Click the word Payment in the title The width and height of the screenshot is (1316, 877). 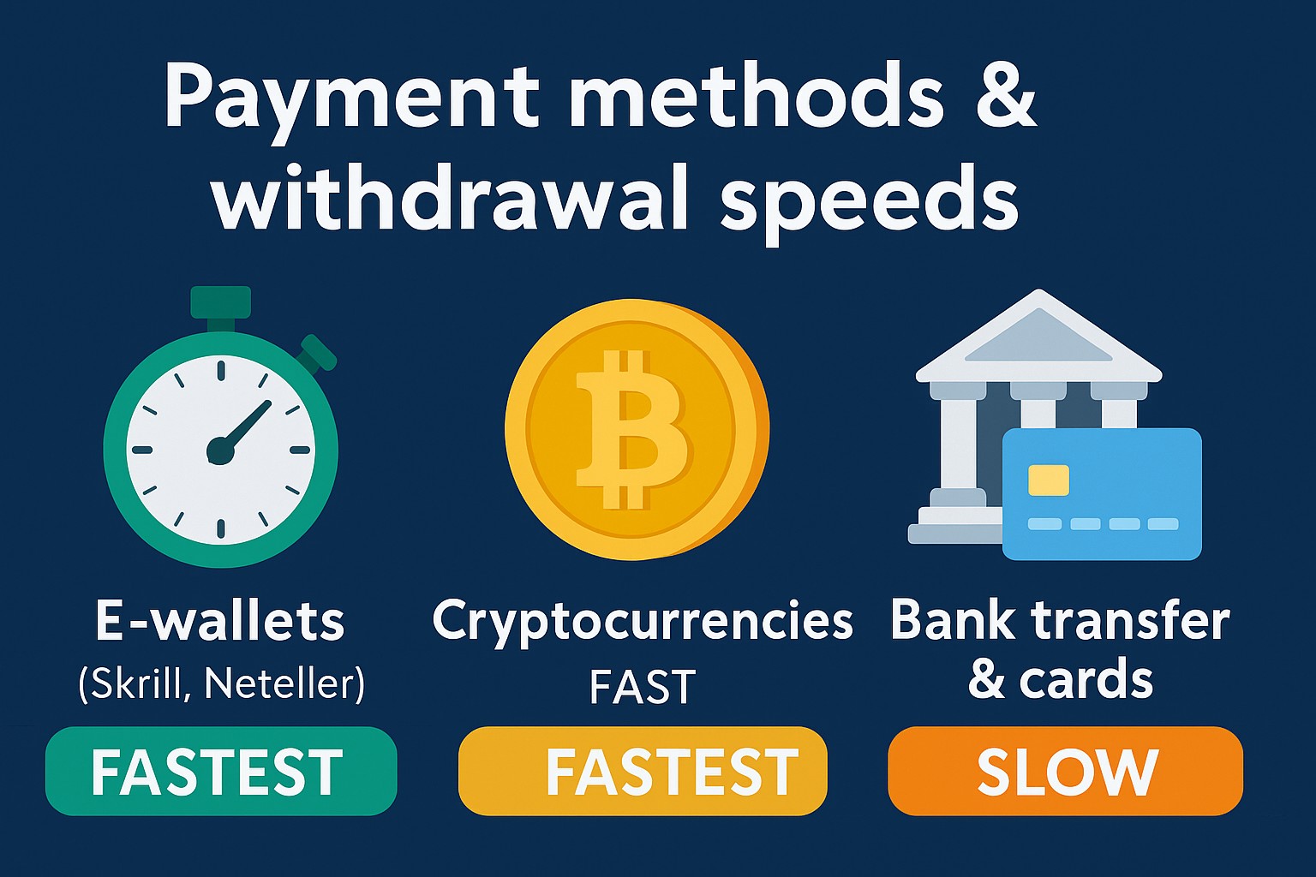pyautogui.click(x=351, y=96)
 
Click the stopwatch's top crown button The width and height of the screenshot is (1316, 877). pyautogui.click(x=221, y=302)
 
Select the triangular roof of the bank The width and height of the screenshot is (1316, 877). pyautogui.click(x=1038, y=336)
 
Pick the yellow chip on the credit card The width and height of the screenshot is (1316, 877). pyautogui.click(x=1048, y=480)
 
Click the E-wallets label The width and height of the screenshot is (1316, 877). pyautogui.click(x=219, y=621)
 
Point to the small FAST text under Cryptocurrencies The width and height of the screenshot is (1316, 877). pyautogui.click(x=642, y=687)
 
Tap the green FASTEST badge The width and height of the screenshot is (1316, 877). pyautogui.click(x=221, y=771)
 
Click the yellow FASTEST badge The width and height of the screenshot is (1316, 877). pyautogui.click(x=642, y=771)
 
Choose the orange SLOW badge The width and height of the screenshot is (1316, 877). pyautogui.click(x=1065, y=771)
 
